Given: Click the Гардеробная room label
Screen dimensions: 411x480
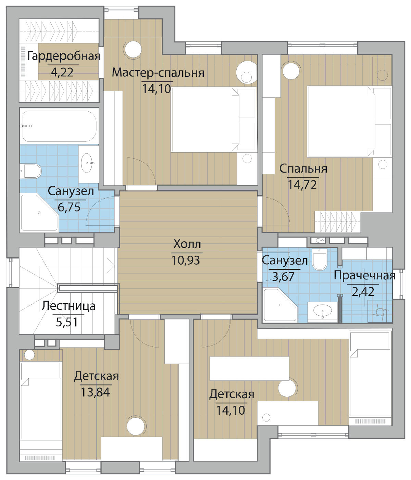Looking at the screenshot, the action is [64, 56].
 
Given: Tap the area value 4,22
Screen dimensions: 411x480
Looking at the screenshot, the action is [62, 72].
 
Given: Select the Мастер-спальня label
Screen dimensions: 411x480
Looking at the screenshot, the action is [158, 73].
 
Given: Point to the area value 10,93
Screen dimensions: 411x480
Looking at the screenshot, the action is [186, 260].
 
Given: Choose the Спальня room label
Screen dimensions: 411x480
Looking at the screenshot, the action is [303, 169].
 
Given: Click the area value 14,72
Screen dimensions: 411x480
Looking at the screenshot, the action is [302, 185].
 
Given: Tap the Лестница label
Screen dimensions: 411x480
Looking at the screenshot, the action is [68, 306].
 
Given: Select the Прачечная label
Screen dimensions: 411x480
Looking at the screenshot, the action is [364, 276].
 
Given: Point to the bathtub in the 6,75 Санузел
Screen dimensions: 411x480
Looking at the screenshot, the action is [59, 126].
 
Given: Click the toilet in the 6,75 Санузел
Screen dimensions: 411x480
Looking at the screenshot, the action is [30, 171].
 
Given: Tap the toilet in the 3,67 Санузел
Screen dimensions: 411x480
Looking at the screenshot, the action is [320, 259].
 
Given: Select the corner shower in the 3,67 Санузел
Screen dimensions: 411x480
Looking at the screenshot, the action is [280, 305].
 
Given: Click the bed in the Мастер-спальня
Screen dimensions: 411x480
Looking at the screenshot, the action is [213, 119].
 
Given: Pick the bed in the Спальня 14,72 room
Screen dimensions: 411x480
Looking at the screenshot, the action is [349, 121].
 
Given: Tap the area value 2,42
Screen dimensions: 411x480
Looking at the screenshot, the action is [363, 292].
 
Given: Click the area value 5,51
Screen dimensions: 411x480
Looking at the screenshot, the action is [67, 322].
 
